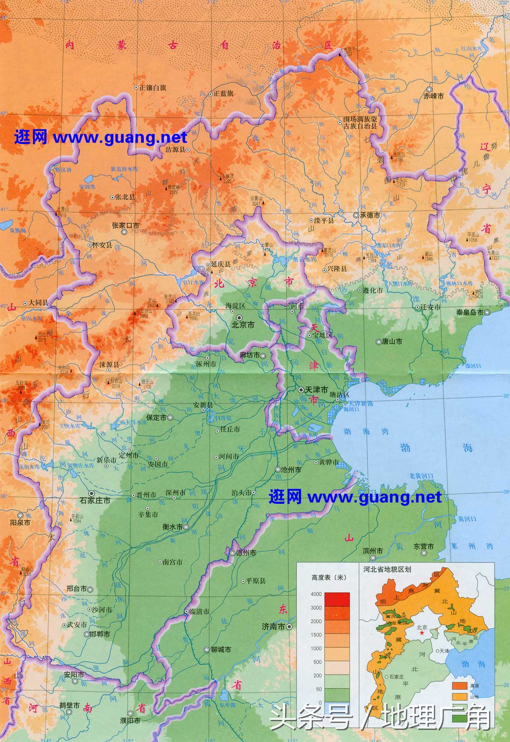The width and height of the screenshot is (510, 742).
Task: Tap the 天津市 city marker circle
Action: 301,390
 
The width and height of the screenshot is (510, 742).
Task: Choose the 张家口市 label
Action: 125,225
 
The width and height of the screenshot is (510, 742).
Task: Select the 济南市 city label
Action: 273,627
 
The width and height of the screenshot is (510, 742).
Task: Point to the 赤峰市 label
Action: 434,96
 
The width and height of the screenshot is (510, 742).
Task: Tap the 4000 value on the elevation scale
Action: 316,594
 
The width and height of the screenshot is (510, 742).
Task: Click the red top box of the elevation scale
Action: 336,599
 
